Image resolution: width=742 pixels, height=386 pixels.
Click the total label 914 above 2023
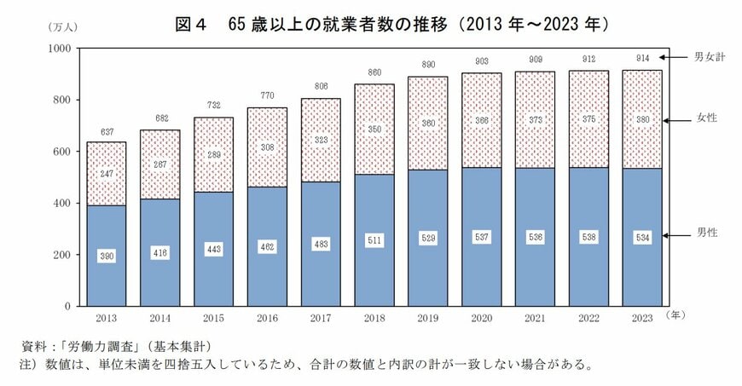point(643,57)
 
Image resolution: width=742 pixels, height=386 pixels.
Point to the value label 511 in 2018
point(374,239)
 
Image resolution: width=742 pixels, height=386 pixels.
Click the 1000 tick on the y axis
point(62,49)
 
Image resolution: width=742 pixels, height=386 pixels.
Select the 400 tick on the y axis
point(65,204)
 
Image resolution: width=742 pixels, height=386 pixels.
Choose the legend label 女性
point(707,118)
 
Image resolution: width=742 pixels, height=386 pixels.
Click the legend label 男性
point(707,233)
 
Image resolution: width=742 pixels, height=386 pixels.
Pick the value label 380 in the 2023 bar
point(643,119)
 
